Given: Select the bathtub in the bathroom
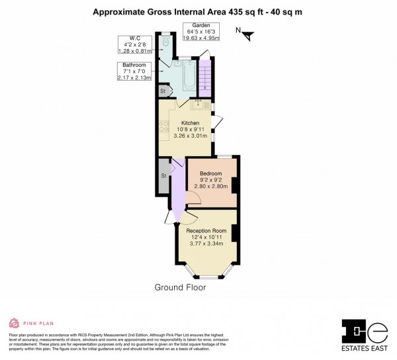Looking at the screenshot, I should [189, 75].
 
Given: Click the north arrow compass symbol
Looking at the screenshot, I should [244, 34].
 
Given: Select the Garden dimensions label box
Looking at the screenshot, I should [201, 31].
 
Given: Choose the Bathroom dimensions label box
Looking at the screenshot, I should [135, 71].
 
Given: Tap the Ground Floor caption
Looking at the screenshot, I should [180, 287].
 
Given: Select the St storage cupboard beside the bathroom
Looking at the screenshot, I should [163, 90].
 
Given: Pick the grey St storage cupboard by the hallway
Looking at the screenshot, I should [163, 175].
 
